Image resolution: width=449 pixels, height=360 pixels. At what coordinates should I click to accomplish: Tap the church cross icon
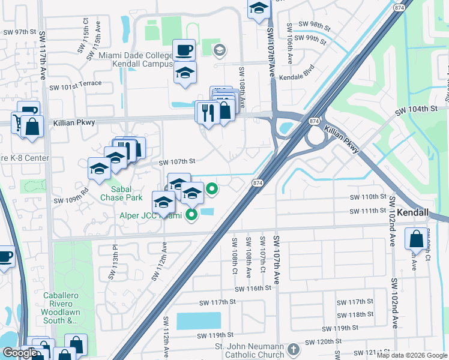point(293,349)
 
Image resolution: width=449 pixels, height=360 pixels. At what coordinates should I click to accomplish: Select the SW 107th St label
point(177,162)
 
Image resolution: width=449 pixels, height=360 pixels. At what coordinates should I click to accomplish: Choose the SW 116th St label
point(253,289)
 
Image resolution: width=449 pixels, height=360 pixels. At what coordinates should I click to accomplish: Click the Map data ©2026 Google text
point(412,355)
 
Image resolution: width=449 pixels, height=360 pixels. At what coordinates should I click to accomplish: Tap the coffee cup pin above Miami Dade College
point(184,49)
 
